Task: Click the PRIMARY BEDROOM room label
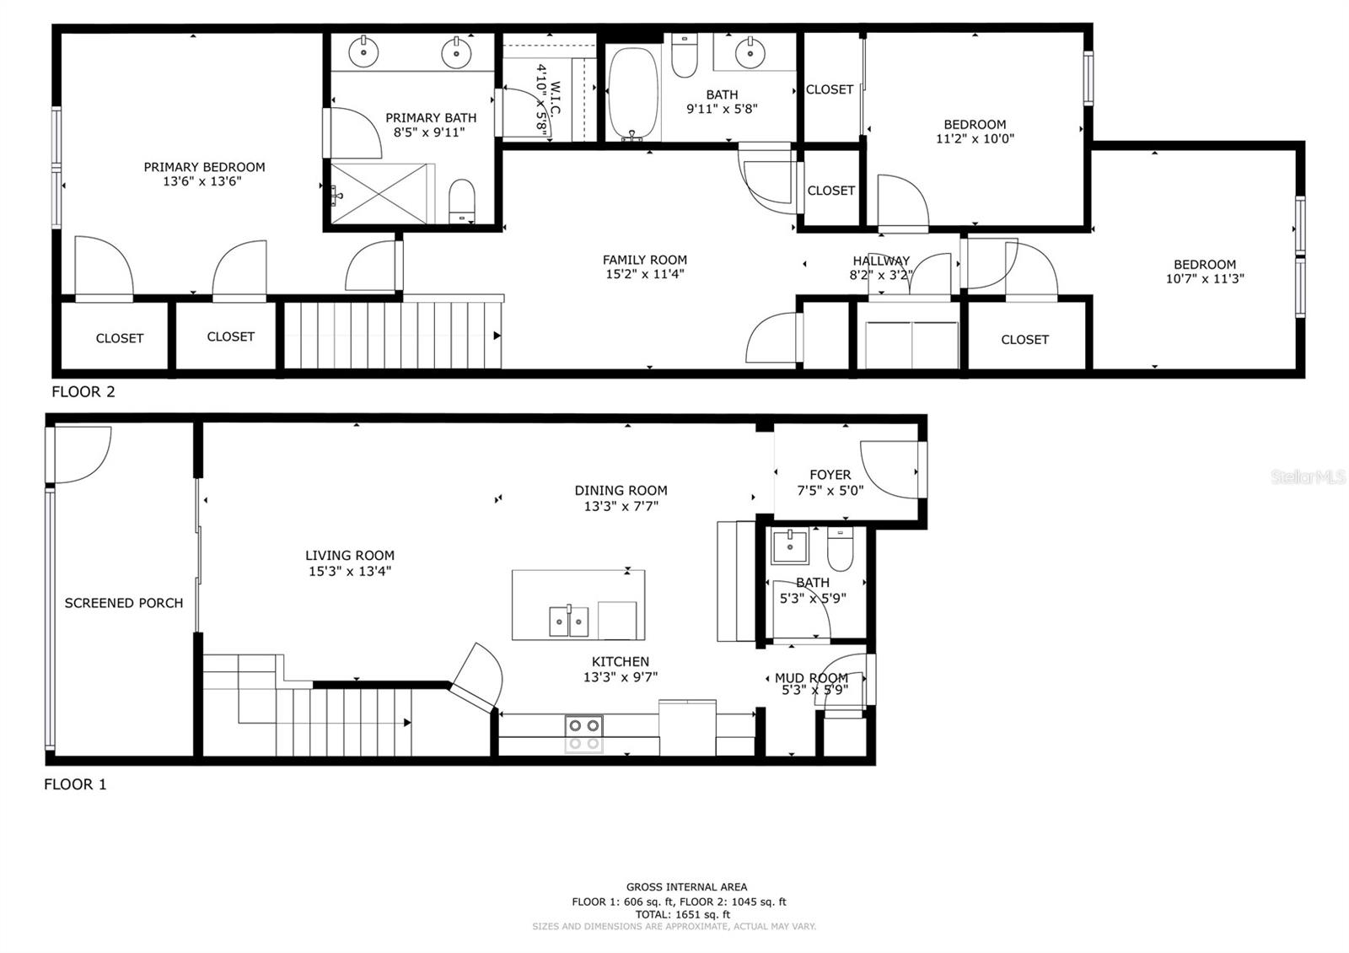(204, 167)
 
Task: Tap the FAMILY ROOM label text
(644, 260)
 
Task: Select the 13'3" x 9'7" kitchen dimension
(621, 677)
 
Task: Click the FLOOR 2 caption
(83, 391)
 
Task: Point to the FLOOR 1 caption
(75, 783)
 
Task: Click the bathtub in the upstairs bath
(633, 94)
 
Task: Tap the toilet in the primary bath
(462, 201)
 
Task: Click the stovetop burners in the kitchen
(584, 734)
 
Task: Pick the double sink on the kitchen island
(568, 621)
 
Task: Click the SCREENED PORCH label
(123, 603)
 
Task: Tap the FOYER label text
(830, 475)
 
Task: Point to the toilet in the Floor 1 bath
(840, 548)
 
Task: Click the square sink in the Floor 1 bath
(790, 546)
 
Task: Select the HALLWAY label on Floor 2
(881, 261)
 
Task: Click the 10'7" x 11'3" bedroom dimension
(1205, 278)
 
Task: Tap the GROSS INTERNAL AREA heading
(686, 886)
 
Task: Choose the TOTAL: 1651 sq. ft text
(682, 914)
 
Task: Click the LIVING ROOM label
(350, 556)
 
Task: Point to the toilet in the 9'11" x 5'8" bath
(684, 56)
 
